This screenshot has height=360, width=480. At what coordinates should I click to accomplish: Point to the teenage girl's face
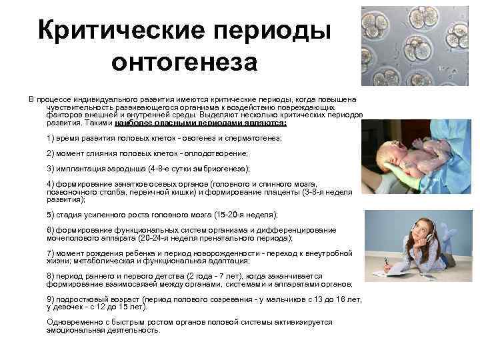(412, 230)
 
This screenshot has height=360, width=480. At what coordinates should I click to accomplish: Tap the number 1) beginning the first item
(51, 137)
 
